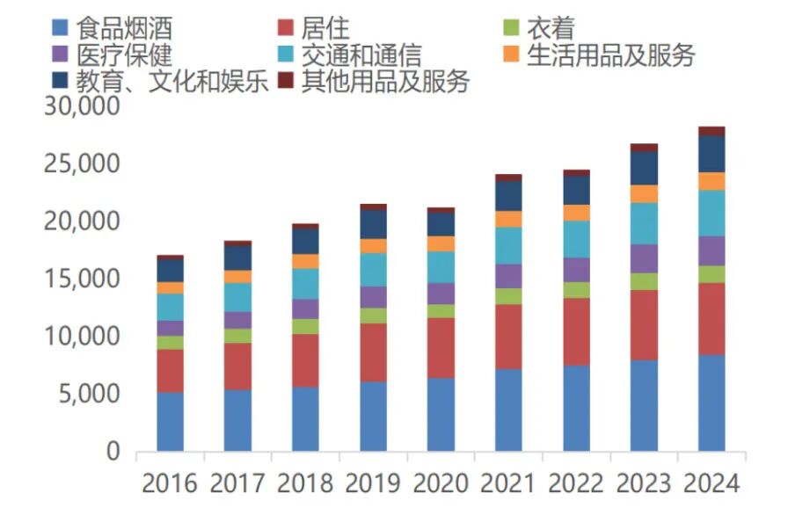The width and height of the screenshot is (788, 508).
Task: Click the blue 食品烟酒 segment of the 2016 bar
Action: click(x=170, y=422)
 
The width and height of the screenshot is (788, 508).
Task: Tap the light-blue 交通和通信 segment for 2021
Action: click(x=508, y=245)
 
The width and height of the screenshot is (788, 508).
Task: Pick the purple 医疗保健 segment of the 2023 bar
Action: click(x=644, y=258)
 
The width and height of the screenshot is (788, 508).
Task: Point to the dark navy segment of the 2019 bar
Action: click(x=373, y=224)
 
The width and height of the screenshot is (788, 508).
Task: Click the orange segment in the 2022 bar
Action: click(x=576, y=213)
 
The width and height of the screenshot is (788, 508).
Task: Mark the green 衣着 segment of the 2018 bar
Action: click(x=305, y=326)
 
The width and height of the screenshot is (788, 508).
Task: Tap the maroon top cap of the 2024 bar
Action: click(x=711, y=131)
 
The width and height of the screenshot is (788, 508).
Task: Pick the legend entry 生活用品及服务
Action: click(x=610, y=56)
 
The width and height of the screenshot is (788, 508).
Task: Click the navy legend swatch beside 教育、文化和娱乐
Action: click(x=61, y=82)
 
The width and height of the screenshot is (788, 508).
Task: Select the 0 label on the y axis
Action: click(x=112, y=452)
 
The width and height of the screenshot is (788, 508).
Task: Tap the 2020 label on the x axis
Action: click(x=441, y=483)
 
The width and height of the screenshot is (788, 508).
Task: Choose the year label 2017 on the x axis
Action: click(x=237, y=483)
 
